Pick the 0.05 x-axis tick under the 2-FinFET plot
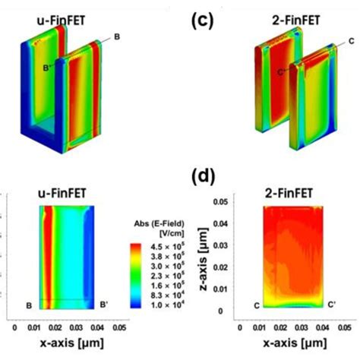pos(346,330)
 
